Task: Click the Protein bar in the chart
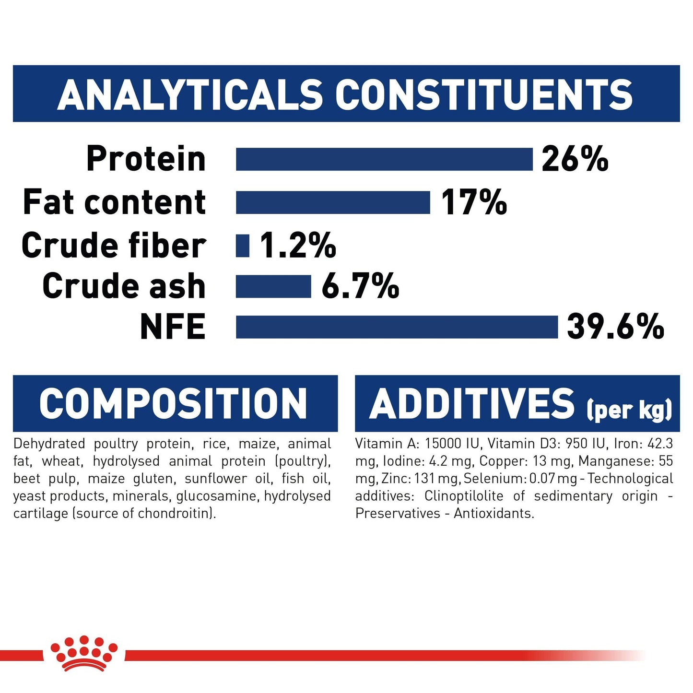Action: pyautogui.click(x=384, y=159)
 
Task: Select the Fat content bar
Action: pyautogui.click(x=333, y=202)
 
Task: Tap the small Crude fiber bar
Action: pyautogui.click(x=243, y=246)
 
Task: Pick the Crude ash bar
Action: pyautogui.click(x=273, y=286)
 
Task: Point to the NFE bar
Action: pyautogui.click(x=397, y=327)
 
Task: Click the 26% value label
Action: pyautogui.click(x=575, y=159)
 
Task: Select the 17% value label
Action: pyautogui.click(x=473, y=202)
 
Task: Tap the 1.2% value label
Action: pyautogui.click(x=298, y=246)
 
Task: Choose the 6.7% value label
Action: pyautogui.click(x=360, y=286)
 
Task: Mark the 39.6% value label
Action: pyautogui.click(x=615, y=327)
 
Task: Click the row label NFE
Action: pyautogui.click(x=173, y=327)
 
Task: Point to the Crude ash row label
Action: pyautogui.click(x=124, y=286)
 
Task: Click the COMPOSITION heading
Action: pyautogui.click(x=173, y=403)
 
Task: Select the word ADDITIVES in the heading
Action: pyautogui.click(x=472, y=403)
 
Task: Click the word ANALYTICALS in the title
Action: pyautogui.click(x=190, y=94)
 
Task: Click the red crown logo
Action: pyautogui.click(x=84, y=653)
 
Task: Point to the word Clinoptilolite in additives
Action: pyautogui.click(x=464, y=496)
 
